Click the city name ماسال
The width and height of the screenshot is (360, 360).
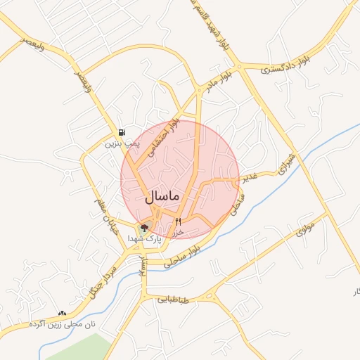point(162,197)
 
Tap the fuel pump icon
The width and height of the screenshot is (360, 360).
point(122,132)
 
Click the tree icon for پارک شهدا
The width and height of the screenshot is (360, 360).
point(145,228)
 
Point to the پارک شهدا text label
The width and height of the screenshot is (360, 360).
point(145,240)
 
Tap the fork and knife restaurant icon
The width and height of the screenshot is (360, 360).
point(168,222)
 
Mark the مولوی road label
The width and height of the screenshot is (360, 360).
point(307,228)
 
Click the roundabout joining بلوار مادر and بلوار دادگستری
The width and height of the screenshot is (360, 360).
point(240,67)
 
